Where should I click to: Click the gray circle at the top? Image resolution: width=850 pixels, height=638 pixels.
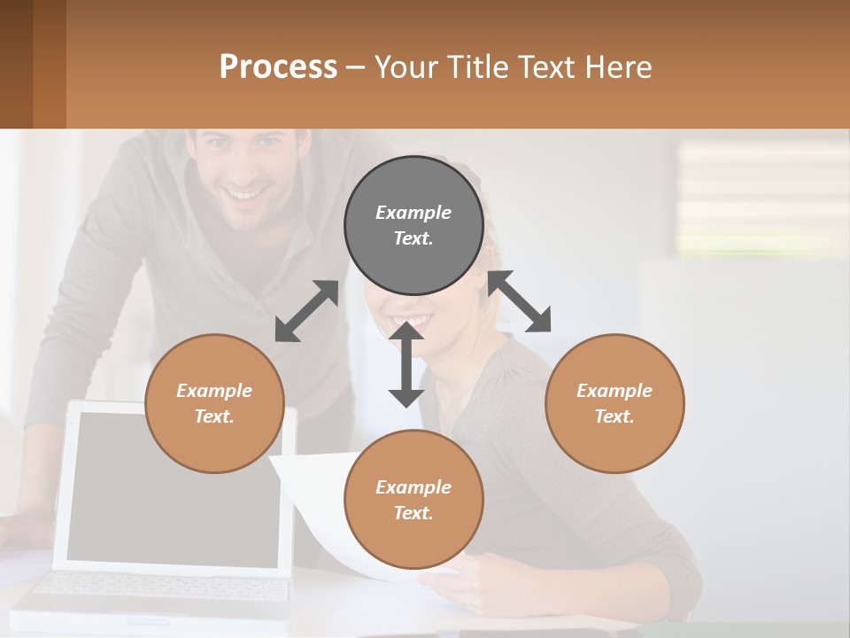[x=413, y=225]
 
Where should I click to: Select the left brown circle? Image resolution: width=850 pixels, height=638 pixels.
[x=214, y=403]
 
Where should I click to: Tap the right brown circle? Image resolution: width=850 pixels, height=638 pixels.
[x=614, y=403]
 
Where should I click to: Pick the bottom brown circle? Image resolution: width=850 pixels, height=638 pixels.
[x=413, y=500]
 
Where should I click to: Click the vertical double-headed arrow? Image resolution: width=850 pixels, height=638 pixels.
[x=406, y=364]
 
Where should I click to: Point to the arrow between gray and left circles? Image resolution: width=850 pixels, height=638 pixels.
[x=306, y=311]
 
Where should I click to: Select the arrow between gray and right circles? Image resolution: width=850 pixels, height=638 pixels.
[x=520, y=301]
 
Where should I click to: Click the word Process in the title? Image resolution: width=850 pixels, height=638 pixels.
[x=278, y=66]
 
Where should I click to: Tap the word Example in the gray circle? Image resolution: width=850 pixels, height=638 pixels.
[x=413, y=213]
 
